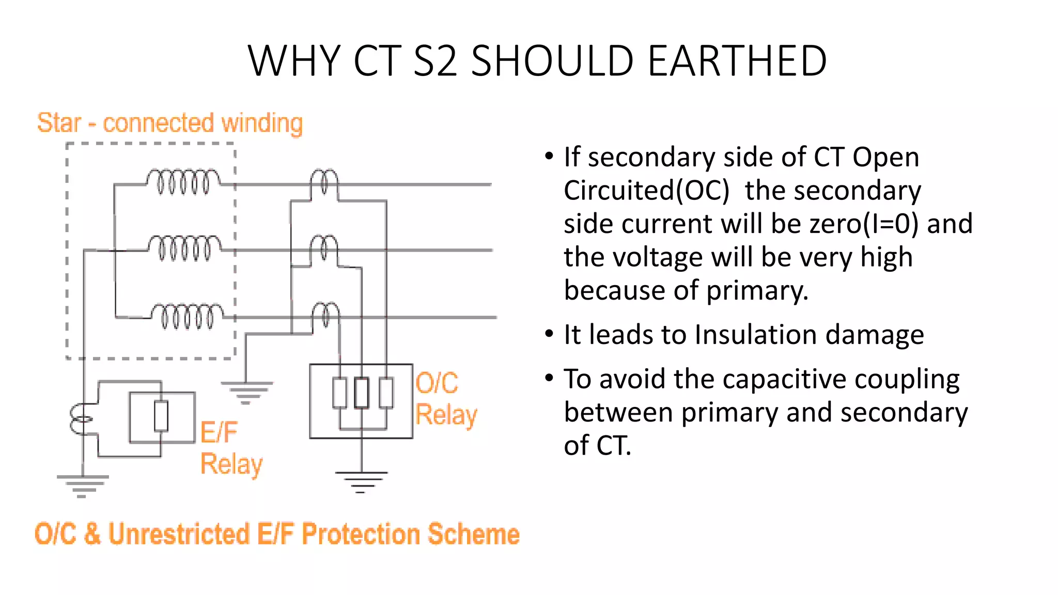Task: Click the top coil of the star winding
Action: coord(183,181)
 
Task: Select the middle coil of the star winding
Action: coord(184,247)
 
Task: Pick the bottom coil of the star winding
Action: coord(186,315)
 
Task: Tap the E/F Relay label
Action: coord(230,448)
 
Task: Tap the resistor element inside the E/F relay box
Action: coord(161,416)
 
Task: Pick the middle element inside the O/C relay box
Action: coord(362,393)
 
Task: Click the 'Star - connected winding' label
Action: coord(169,123)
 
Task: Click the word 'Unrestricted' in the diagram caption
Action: coord(179,534)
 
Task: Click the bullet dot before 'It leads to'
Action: coord(549,334)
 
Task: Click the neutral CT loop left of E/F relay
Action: coord(81,419)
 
